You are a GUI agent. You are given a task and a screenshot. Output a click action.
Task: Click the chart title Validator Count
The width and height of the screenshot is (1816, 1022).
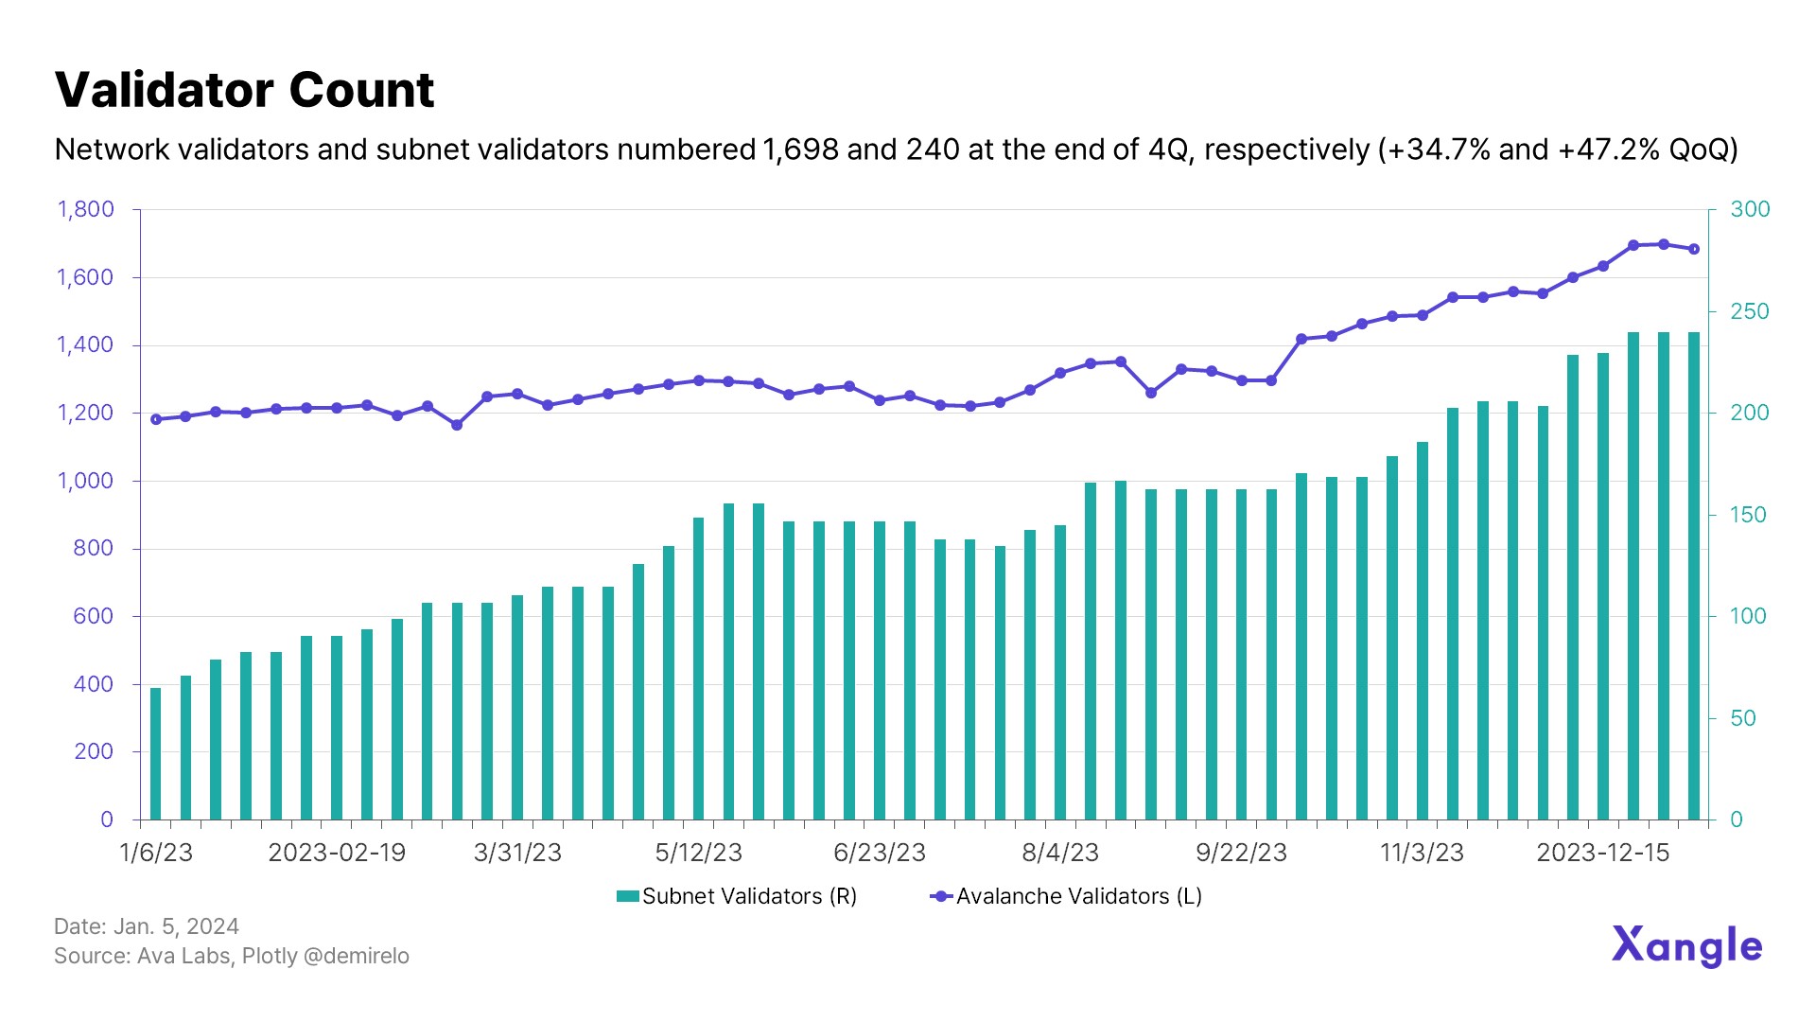click(244, 91)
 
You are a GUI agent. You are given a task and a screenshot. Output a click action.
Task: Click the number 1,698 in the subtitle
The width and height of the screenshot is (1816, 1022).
click(800, 150)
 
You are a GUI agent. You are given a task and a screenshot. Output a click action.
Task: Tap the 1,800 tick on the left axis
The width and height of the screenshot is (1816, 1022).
click(85, 209)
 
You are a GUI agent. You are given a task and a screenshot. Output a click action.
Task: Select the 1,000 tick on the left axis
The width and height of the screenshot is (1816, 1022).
click(85, 481)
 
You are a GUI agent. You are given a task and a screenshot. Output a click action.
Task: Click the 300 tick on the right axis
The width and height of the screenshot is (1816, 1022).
click(1750, 209)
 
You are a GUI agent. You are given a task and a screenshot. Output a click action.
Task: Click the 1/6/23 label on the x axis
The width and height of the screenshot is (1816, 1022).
click(156, 853)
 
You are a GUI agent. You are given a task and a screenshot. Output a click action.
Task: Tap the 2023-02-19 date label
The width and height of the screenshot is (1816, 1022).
click(337, 853)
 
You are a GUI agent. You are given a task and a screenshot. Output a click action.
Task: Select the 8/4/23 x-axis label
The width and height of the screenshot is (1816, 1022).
click(1060, 853)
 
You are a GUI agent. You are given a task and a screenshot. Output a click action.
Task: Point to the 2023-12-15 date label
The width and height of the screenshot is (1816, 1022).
click(1603, 853)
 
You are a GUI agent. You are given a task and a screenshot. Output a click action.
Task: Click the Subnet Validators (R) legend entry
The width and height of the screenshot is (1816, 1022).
click(737, 896)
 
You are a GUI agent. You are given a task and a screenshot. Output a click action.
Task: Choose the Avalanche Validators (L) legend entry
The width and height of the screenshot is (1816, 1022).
click(1066, 896)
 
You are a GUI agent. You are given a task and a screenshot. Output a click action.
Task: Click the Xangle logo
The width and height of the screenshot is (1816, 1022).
click(1686, 945)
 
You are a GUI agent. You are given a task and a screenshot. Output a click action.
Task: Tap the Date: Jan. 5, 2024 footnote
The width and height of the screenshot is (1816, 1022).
click(147, 926)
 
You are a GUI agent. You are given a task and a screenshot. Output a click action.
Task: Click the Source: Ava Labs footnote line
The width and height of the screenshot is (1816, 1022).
click(232, 956)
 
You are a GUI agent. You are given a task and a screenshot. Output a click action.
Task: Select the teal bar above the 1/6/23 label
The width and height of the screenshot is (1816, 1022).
click(156, 753)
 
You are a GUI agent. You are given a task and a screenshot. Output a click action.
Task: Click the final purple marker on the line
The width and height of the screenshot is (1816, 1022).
click(1694, 249)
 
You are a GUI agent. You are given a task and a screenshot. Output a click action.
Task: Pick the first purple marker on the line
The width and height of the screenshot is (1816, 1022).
click(156, 419)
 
